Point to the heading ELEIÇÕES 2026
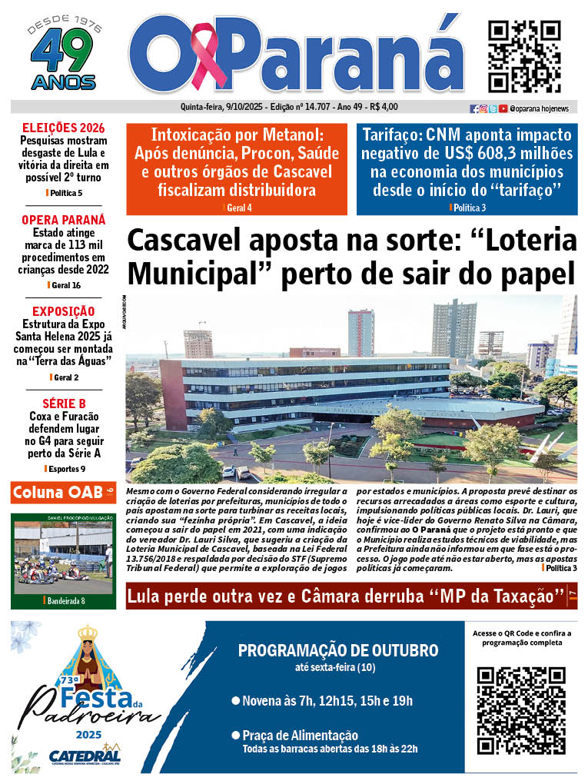[63, 128]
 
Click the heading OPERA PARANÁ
[63, 219]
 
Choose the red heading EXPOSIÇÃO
[63, 311]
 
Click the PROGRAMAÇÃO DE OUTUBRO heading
[337, 650]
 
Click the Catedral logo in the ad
[85, 756]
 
